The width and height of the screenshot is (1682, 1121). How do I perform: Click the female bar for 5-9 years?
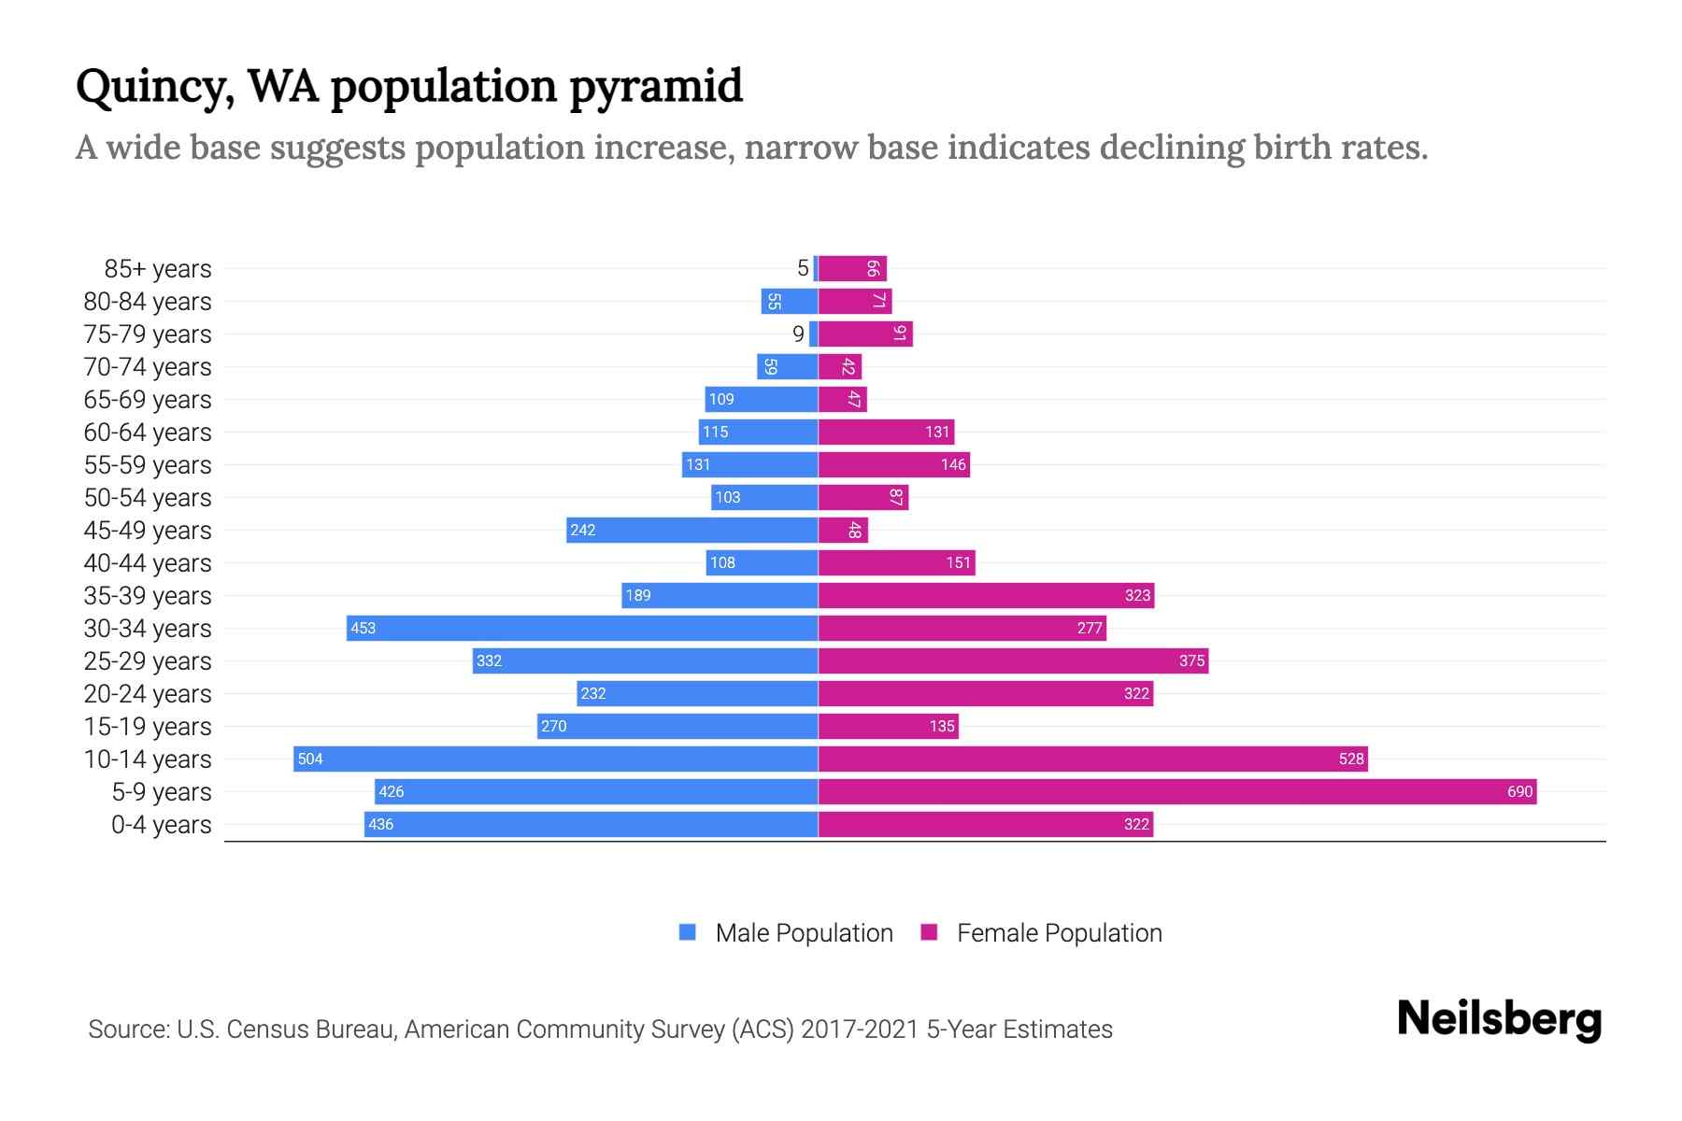coord(1177,792)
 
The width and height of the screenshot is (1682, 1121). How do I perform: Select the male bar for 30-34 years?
coord(582,629)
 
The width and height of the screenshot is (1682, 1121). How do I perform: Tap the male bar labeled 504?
coord(555,759)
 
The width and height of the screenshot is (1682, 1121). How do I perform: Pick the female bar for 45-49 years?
coord(843,531)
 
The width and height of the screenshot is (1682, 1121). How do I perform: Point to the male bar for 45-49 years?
coord(692,531)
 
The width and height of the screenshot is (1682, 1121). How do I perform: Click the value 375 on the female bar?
coord(1191,661)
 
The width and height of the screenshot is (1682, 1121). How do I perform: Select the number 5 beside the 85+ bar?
coord(803,269)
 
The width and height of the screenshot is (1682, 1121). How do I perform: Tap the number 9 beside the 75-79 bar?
coord(798,334)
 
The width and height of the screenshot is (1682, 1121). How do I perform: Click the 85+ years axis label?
coord(158,269)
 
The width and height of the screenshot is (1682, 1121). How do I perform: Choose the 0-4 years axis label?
coord(161,825)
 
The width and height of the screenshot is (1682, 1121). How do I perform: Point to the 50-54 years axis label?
coord(148,498)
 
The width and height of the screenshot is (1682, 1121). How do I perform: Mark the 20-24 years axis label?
coord(148,694)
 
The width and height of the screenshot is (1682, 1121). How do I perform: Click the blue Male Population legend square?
coord(688,932)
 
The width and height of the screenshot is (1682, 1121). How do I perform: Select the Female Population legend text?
coord(1059,933)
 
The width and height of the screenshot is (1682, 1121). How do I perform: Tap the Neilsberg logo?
coord(1499,1019)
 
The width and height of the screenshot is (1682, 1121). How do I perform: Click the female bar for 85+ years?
coord(852,269)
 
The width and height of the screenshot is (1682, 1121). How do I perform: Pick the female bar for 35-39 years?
coord(986,596)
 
